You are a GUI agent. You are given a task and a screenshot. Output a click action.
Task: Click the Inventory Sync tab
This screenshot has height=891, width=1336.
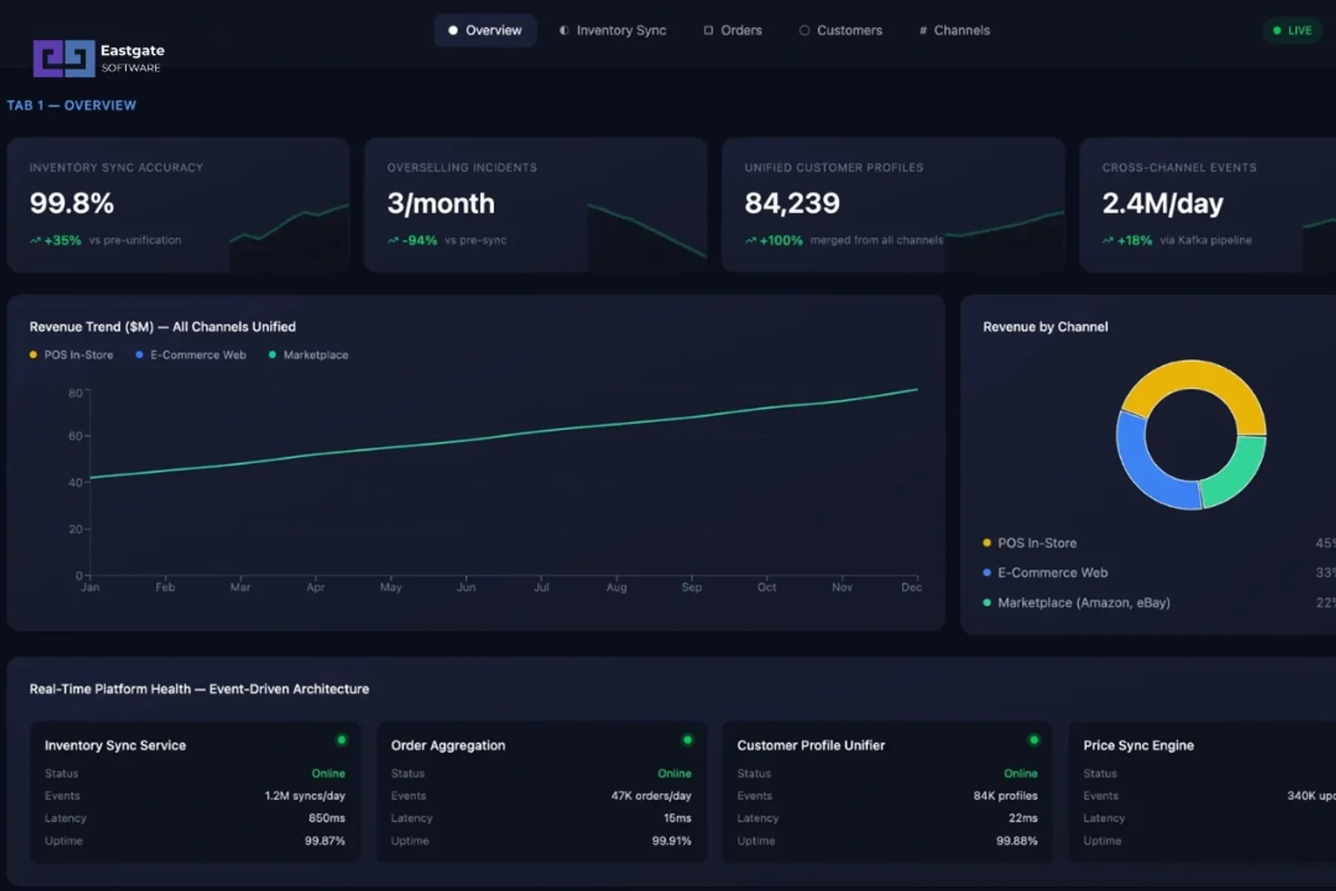613,30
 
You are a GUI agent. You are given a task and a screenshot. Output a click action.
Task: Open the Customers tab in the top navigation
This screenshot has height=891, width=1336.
841,30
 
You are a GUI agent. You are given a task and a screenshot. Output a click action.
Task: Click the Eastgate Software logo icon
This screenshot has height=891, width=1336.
64,58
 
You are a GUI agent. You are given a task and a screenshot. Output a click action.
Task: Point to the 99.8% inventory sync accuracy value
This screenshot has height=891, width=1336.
72,203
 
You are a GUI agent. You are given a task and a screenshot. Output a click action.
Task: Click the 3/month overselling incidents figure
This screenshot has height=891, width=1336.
441,203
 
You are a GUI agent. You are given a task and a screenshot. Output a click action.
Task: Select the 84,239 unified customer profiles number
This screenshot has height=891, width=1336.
792,203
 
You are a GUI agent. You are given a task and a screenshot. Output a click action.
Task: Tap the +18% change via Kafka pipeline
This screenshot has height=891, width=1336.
1133,241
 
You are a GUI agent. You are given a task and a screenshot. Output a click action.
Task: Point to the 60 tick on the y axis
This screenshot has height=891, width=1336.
76,436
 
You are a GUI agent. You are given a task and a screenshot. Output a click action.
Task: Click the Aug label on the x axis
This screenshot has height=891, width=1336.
616,587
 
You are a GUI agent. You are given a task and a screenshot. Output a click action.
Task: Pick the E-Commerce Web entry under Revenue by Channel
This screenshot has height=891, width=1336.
1052,572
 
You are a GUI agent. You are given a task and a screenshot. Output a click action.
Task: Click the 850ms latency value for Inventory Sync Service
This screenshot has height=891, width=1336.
327,818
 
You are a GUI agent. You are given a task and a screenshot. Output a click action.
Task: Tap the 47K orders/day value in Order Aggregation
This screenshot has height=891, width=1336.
651,796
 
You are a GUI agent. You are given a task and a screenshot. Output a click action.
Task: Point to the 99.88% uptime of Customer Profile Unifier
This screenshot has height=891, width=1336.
1016,841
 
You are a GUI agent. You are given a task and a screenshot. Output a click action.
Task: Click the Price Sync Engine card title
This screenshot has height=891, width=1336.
1138,745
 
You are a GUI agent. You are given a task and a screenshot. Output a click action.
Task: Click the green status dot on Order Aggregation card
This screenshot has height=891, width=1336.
687,740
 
